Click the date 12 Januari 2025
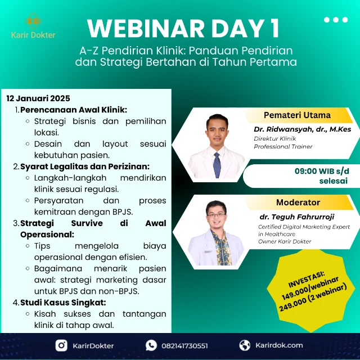38,98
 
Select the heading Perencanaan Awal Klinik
74,109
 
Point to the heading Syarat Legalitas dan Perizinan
85,166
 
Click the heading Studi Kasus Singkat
63,302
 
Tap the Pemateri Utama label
297,115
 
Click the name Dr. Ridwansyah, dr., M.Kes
302,129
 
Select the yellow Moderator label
298,202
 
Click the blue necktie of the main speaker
217,163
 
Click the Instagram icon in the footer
61,345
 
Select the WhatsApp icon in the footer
151,345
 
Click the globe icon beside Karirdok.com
245,345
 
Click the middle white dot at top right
336,20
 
